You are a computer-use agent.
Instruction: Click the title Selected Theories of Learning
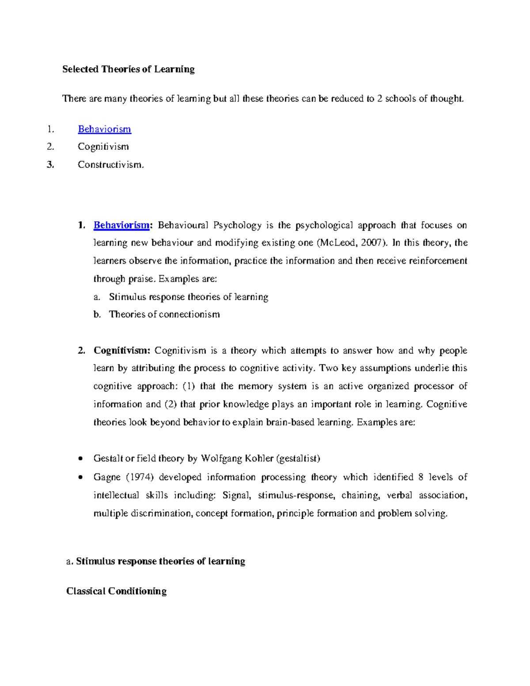[x=128, y=69]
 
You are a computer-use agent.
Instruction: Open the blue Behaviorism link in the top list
[x=104, y=129]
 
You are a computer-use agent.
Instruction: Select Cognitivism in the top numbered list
[x=103, y=147]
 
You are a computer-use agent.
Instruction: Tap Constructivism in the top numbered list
[x=110, y=165]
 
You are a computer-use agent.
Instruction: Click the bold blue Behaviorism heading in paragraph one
[x=121, y=225]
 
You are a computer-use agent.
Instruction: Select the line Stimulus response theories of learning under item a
[x=189, y=297]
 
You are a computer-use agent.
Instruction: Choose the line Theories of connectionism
[x=164, y=315]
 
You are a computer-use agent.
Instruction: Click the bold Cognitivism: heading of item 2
[x=122, y=351]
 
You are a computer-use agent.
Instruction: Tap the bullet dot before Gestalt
[x=80, y=459]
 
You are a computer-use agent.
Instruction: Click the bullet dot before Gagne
[x=80, y=478]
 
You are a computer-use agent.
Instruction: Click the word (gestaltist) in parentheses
[x=298, y=459]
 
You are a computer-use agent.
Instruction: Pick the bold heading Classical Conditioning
[x=116, y=591]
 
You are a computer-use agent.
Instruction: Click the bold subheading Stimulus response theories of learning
[x=160, y=561]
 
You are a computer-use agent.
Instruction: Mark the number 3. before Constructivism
[x=50, y=165]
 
